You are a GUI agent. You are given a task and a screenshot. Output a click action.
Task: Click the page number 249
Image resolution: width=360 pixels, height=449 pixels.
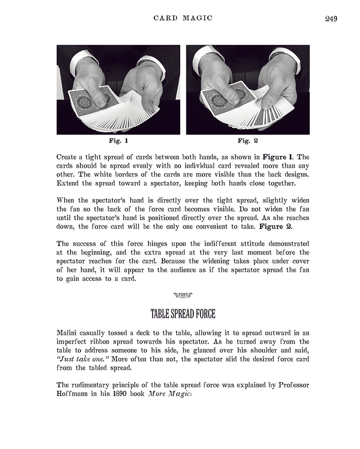coord(331,19)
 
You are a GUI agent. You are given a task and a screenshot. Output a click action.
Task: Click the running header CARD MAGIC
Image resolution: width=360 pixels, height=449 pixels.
coord(183,18)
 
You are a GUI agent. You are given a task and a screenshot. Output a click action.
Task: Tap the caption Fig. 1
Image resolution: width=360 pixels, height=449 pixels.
coord(118,140)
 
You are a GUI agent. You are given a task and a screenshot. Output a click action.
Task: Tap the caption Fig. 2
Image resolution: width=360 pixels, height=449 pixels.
coord(248,140)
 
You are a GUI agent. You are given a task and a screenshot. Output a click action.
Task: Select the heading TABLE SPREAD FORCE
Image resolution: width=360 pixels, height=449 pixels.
coord(183,313)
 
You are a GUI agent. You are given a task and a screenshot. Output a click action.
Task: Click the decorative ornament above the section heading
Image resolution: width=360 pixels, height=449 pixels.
coord(183,295)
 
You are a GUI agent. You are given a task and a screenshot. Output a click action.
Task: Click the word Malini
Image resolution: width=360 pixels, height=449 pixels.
coord(68,333)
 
